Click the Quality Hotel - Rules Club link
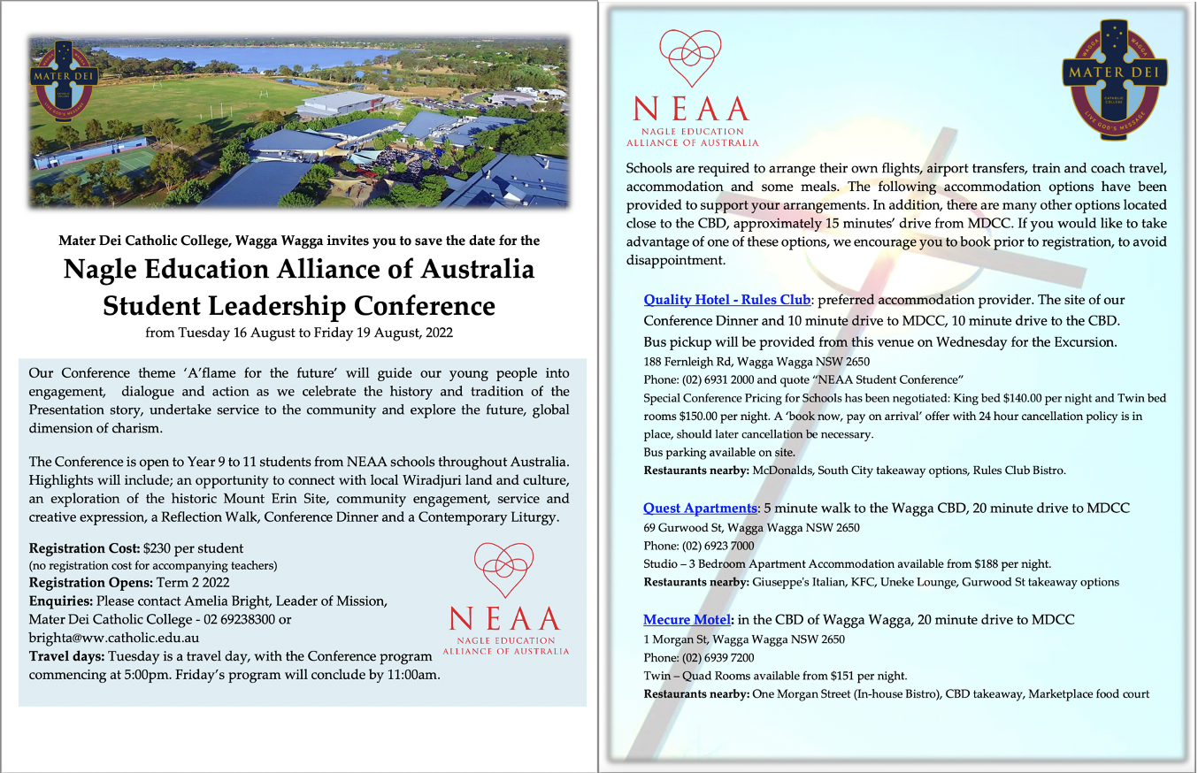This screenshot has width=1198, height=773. coord(726,300)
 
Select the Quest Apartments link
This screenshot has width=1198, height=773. coord(700,508)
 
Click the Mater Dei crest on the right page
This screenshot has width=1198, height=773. coord(1114,86)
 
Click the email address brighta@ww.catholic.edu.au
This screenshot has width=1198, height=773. coord(114,637)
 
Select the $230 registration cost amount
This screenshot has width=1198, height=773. coord(159,548)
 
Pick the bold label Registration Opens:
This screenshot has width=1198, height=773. coord(90,583)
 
